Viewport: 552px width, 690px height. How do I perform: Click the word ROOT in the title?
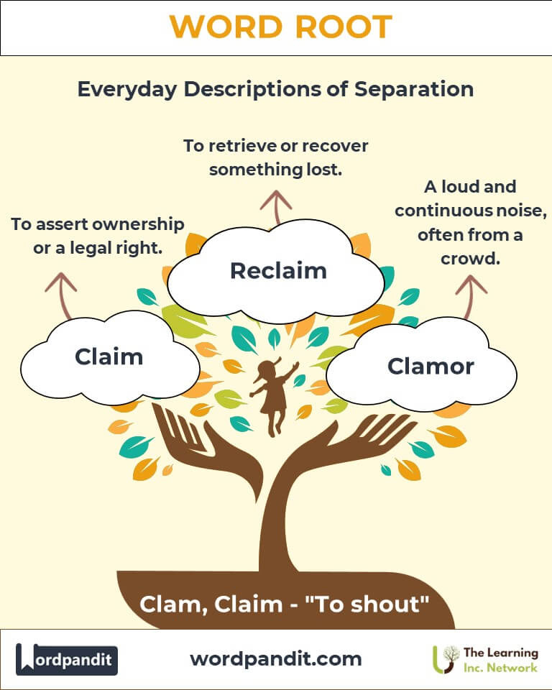[342, 27]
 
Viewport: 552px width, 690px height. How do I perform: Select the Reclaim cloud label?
[278, 270]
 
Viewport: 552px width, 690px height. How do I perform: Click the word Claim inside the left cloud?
[109, 356]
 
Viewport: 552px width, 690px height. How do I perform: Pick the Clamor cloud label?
[431, 366]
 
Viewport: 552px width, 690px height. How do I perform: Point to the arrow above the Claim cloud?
[61, 291]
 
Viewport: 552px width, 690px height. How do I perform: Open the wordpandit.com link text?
[276, 658]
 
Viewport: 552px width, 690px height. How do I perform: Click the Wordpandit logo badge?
[67, 659]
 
